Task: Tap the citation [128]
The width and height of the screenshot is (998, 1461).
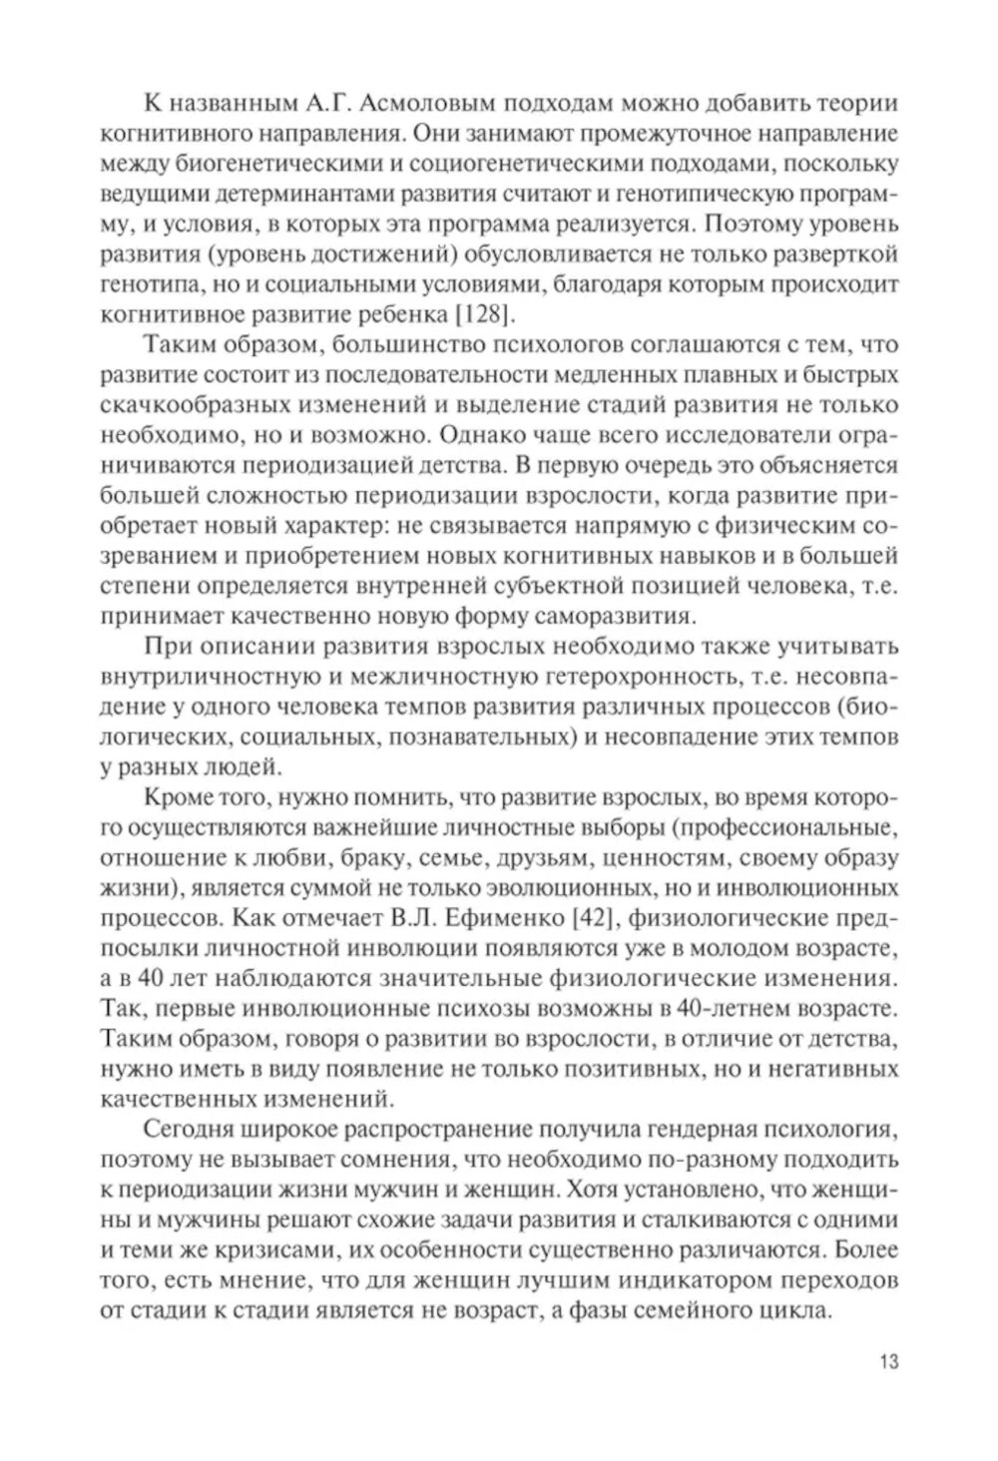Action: pyautogui.click(x=484, y=317)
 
